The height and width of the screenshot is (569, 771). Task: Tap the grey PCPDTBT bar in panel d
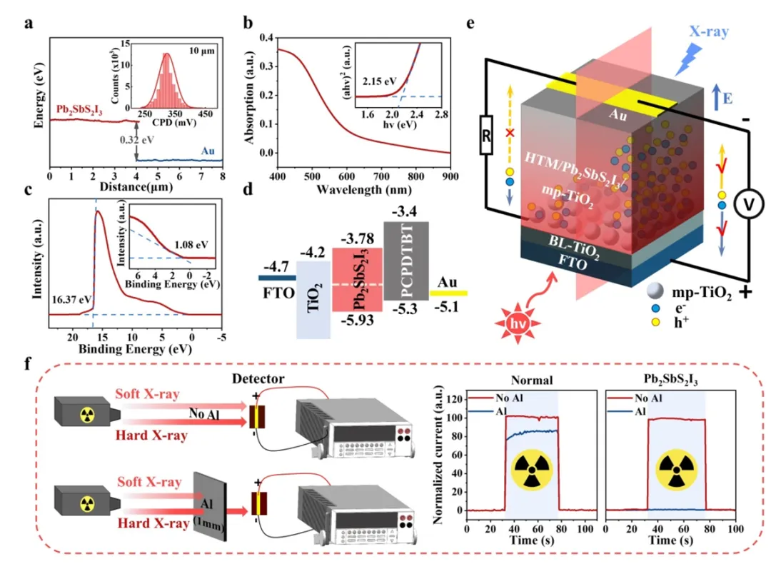pos(405,260)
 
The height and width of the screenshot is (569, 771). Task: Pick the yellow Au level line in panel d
pos(448,293)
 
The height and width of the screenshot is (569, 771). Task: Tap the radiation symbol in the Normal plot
pos(531,470)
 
